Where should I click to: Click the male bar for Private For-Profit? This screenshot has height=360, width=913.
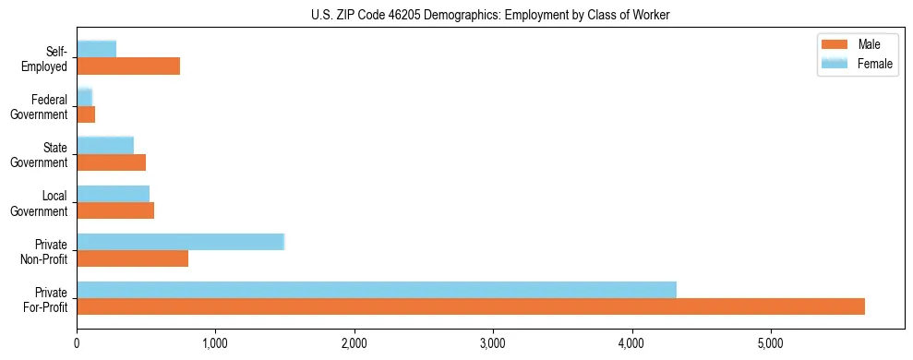[471, 306]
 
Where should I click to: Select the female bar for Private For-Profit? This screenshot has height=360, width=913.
[377, 290]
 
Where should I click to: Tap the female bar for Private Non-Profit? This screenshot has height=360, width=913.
[181, 242]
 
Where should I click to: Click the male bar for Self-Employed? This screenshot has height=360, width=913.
[128, 66]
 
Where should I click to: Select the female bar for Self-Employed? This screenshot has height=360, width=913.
[97, 49]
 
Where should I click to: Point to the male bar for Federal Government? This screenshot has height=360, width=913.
[86, 114]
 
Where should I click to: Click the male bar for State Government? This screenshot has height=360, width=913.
[112, 162]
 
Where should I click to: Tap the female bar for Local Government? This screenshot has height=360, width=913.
[114, 194]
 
